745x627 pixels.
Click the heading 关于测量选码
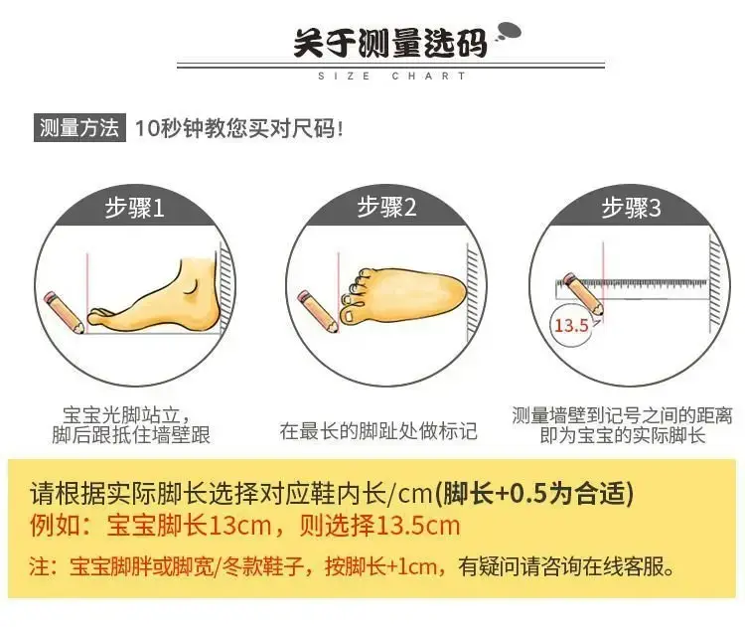[390, 44]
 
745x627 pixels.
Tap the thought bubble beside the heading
[509, 33]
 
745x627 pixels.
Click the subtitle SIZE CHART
[392, 77]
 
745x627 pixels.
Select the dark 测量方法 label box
[79, 127]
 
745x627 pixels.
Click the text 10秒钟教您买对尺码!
[239, 128]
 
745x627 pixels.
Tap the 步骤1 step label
[134, 208]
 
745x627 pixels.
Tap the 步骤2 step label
[386, 207]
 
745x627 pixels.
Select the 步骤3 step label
[631, 208]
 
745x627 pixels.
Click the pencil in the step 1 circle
[65, 312]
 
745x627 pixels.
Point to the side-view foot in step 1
[154, 296]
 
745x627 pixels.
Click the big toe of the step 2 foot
[352, 316]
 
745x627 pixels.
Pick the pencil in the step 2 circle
[318, 311]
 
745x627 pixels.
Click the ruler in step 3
[632, 289]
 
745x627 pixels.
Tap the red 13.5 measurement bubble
[571, 326]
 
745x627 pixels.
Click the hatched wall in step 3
[714, 283]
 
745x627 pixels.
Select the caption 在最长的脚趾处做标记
[378, 430]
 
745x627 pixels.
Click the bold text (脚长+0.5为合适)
[534, 493]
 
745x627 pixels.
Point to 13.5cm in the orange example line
[418, 526]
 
